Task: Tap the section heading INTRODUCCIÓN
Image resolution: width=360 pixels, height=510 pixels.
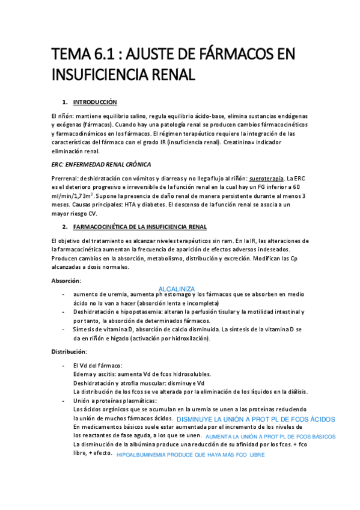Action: click(x=95, y=102)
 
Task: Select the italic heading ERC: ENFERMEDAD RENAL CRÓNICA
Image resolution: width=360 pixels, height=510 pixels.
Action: click(x=102, y=164)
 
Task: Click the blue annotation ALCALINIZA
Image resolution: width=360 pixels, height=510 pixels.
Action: click(x=177, y=289)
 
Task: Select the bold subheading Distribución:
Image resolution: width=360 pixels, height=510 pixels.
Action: click(x=70, y=351)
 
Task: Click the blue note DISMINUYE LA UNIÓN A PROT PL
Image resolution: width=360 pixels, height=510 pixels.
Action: click(x=256, y=419)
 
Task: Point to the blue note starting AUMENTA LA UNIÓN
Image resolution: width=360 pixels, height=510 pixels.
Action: click(x=270, y=437)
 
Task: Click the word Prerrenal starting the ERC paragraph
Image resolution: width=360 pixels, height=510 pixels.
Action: click(x=65, y=179)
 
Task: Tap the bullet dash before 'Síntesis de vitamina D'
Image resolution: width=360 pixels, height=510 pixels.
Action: click(x=64, y=330)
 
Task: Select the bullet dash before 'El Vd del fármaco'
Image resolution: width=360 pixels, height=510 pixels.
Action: click(x=64, y=366)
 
